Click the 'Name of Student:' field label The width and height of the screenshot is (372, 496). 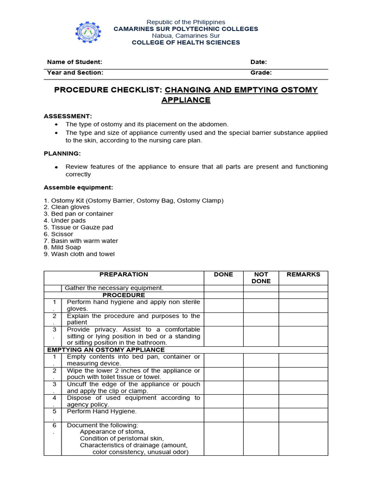click(75, 62)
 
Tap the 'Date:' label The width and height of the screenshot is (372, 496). click(259, 62)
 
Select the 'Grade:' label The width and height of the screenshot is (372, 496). click(261, 73)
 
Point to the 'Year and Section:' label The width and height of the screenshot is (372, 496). click(75, 73)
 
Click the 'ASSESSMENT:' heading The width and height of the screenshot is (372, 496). click(68, 116)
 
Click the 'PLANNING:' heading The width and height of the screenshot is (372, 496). click(62, 153)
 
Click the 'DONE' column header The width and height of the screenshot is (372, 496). click(223, 274)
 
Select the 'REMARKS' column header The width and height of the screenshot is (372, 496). click(303, 274)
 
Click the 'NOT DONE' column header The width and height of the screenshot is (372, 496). click(261, 278)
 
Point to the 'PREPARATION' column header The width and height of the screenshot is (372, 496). click(124, 274)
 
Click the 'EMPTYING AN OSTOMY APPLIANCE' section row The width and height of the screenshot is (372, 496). click(106, 349)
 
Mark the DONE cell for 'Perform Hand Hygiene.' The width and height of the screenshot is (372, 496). click(223, 415)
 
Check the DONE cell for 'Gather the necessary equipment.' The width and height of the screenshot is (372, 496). click(223, 288)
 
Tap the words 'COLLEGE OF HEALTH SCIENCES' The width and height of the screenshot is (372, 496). click(186, 43)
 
